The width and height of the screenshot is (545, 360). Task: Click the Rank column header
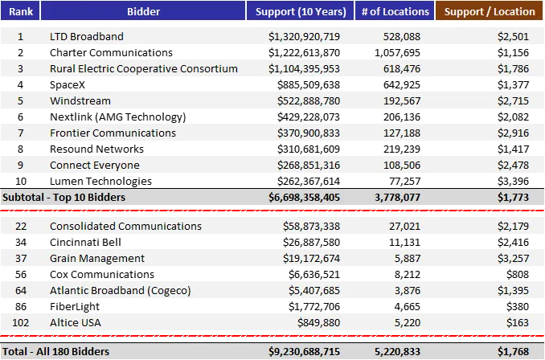click(x=20, y=11)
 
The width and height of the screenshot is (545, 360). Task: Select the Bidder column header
click(x=143, y=11)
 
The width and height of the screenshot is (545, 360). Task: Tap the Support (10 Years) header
click(x=301, y=11)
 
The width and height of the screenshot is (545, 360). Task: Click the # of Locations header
click(x=395, y=11)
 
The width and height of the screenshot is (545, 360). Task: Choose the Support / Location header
click(x=490, y=11)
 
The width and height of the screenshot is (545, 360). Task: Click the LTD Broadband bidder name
click(x=87, y=37)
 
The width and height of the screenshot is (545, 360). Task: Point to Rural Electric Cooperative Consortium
click(x=144, y=69)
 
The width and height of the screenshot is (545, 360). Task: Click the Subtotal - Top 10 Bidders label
click(x=64, y=197)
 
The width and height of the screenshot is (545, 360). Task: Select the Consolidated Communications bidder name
click(x=125, y=227)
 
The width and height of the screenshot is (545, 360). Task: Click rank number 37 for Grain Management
click(x=20, y=259)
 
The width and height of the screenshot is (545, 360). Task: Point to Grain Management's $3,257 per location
click(x=512, y=259)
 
